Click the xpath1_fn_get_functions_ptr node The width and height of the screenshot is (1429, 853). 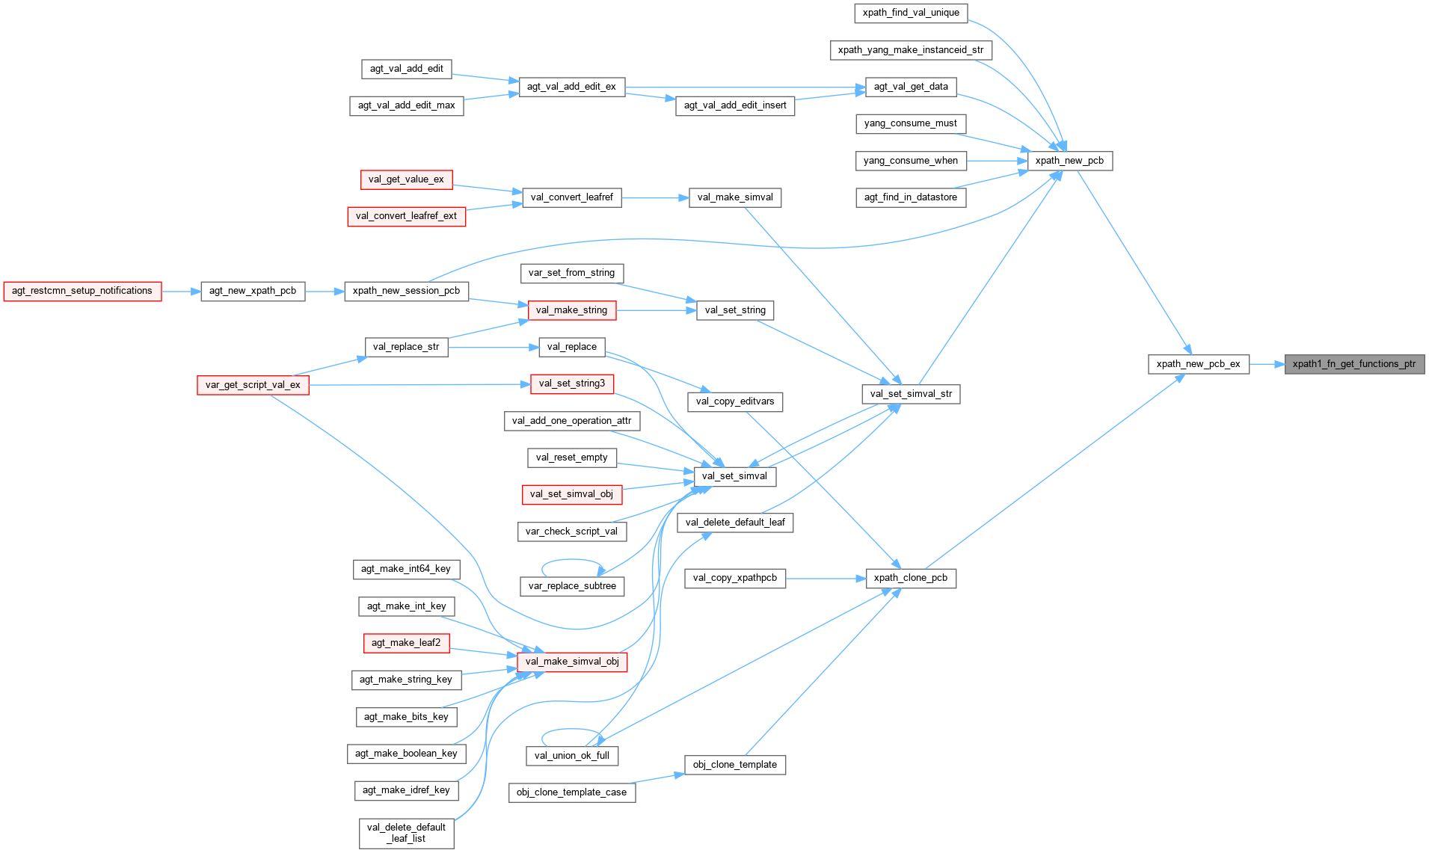(1354, 364)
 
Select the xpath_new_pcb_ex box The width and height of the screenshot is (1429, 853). (1198, 364)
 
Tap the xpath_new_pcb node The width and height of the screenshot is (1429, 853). (1069, 161)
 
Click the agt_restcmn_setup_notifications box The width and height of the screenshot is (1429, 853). (82, 291)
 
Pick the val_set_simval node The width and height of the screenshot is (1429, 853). (734, 476)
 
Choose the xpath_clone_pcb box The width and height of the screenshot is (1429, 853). (910, 578)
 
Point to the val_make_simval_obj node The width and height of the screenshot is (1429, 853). (572, 662)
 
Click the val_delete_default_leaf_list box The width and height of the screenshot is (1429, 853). (406, 833)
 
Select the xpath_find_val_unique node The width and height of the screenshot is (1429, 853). (911, 13)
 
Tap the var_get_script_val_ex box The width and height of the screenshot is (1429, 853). (253, 385)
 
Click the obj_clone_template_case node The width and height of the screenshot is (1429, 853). (571, 792)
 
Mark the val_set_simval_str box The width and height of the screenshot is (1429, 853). (911, 394)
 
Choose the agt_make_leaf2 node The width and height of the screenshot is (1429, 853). (406, 643)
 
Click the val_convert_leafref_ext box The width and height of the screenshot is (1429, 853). (406, 216)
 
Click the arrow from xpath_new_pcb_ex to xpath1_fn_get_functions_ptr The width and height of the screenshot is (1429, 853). (1266, 364)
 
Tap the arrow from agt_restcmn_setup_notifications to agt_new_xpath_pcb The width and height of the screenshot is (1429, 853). (181, 292)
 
